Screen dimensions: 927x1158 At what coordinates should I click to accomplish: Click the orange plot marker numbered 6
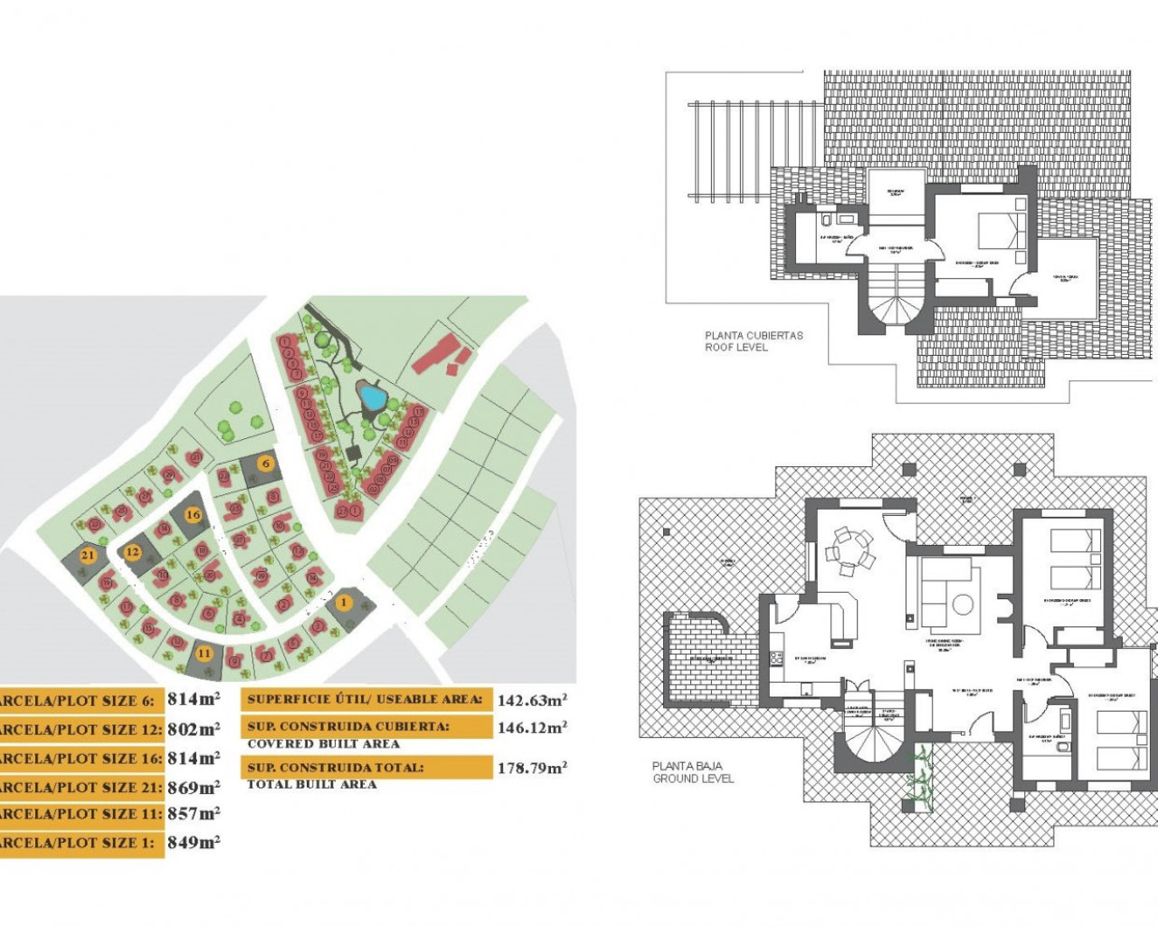(x=265, y=463)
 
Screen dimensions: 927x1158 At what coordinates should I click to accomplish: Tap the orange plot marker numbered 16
(x=193, y=514)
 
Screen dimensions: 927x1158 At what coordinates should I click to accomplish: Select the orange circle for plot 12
(x=133, y=552)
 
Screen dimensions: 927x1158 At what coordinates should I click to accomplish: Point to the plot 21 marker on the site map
(x=88, y=556)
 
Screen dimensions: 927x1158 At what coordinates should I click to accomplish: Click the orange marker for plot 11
(x=204, y=654)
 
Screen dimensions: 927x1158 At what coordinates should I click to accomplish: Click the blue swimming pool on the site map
(x=371, y=396)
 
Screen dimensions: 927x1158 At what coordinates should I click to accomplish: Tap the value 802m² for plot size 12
(x=194, y=729)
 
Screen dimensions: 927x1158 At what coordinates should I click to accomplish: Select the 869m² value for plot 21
(x=194, y=787)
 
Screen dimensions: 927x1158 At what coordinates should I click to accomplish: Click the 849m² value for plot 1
(x=194, y=842)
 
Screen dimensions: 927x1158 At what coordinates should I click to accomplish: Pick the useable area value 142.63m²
(x=532, y=700)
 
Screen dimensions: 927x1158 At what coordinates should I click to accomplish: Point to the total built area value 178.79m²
(x=532, y=769)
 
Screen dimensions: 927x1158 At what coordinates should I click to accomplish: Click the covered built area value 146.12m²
(x=532, y=727)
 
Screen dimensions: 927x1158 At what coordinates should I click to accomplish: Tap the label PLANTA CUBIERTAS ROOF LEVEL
(x=754, y=341)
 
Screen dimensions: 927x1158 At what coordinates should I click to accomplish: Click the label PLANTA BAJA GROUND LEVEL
(x=693, y=772)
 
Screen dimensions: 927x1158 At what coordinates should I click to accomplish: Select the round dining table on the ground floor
(x=850, y=550)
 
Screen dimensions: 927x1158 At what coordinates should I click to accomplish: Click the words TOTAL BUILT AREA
(x=311, y=785)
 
